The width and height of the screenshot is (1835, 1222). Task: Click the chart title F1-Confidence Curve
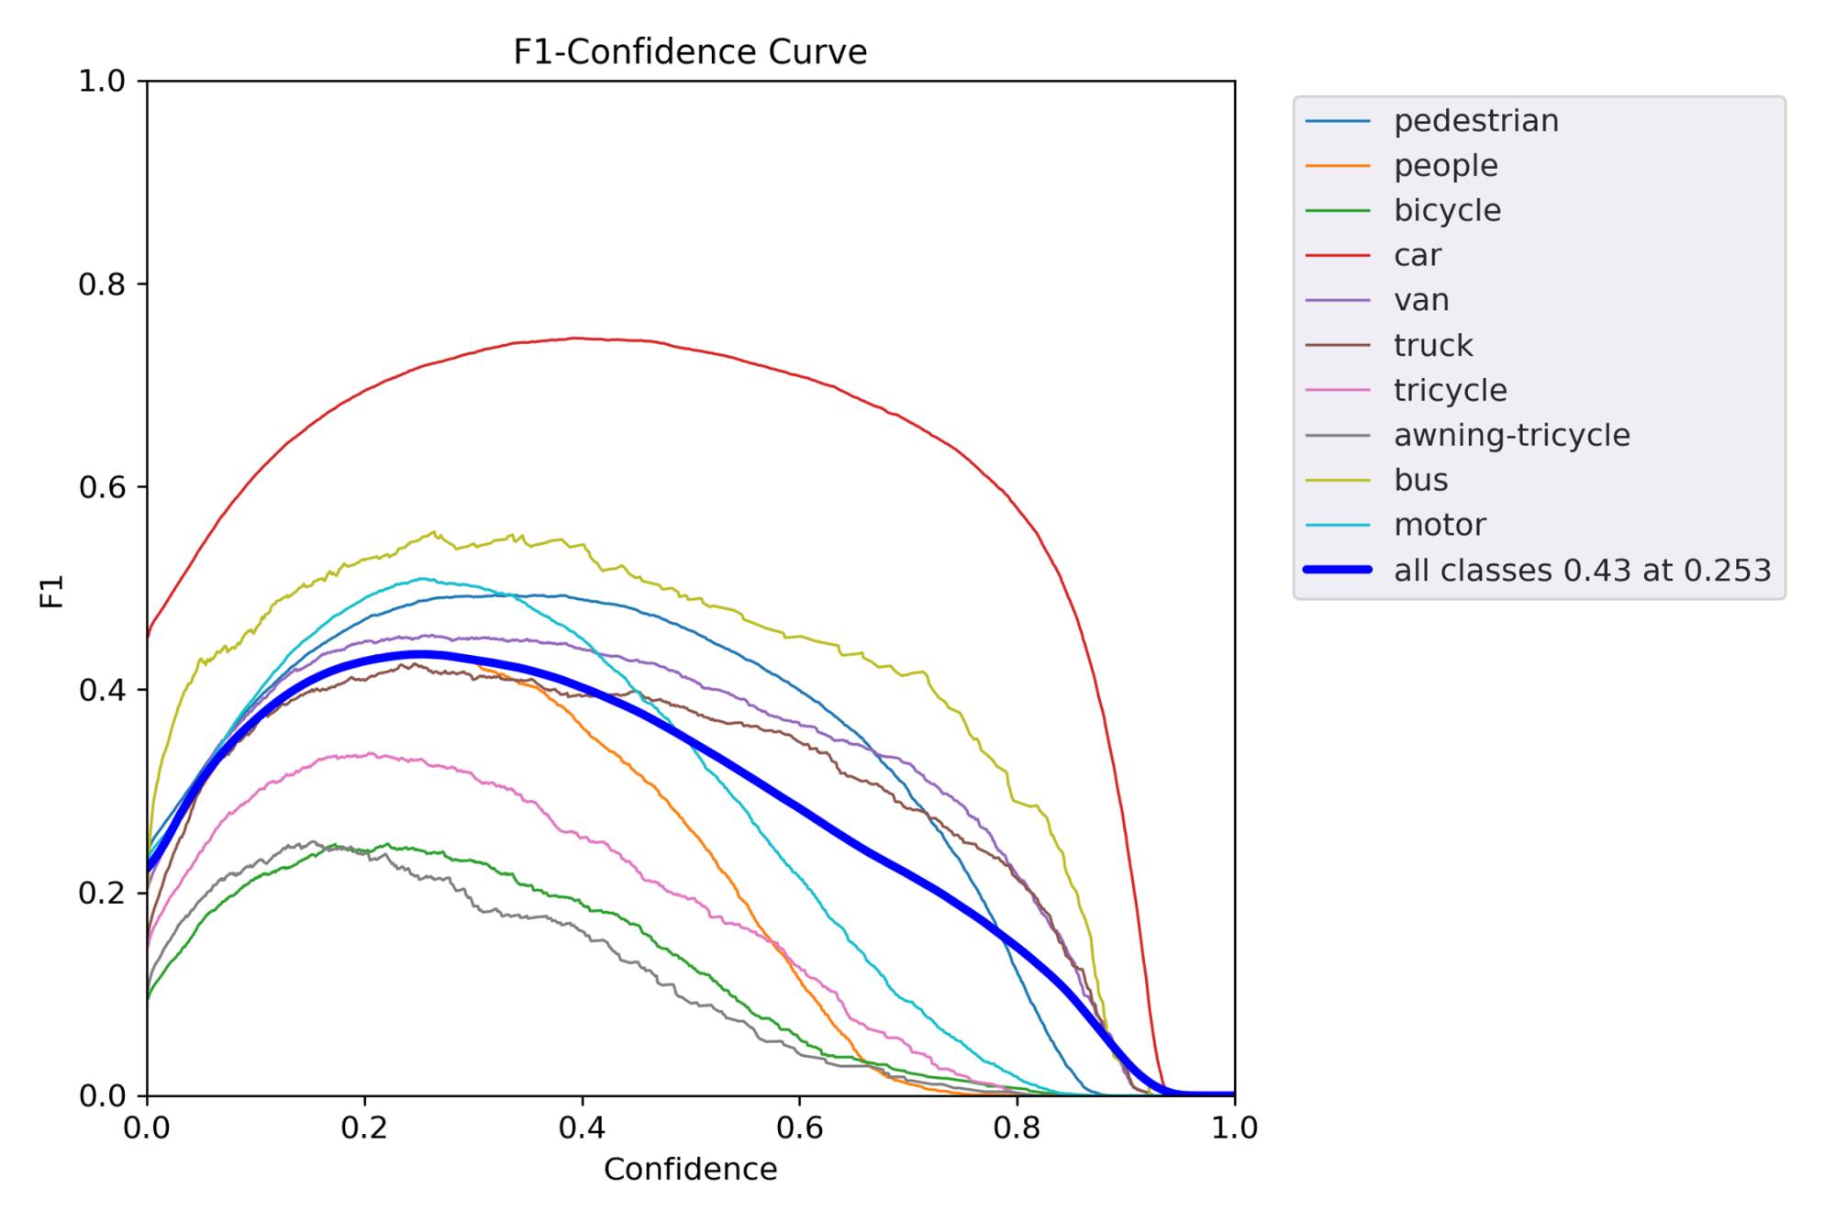[x=690, y=51]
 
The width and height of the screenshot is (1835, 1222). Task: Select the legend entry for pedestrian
[x=1475, y=121]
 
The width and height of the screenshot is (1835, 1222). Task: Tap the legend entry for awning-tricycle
[x=1511, y=435]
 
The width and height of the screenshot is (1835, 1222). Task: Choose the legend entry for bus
[x=1420, y=480]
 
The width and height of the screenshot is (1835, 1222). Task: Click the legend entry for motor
[x=1439, y=525]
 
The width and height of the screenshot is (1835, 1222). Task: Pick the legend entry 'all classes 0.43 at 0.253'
[x=1582, y=570]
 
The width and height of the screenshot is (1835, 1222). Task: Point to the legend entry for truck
[x=1432, y=345]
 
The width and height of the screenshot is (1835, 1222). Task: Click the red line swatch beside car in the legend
[x=1338, y=255]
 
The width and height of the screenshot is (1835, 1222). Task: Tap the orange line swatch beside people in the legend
[x=1338, y=166]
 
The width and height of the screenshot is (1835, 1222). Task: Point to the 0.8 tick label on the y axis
[x=101, y=284]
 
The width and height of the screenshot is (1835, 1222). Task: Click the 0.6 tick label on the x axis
[x=799, y=1128]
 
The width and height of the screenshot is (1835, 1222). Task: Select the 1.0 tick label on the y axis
[x=101, y=81]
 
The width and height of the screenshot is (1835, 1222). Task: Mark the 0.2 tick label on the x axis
[x=364, y=1128]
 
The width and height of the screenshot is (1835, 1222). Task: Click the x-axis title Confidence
[x=690, y=1169]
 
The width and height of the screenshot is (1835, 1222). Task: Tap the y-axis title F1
[x=52, y=591]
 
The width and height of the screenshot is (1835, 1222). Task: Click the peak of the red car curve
[x=575, y=338]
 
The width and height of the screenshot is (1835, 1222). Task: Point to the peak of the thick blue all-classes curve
[x=421, y=655]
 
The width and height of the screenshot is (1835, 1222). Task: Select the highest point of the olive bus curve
[x=435, y=532]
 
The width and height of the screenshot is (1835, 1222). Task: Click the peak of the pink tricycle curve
[x=371, y=754]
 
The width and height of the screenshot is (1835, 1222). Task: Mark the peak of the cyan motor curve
[x=422, y=578]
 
